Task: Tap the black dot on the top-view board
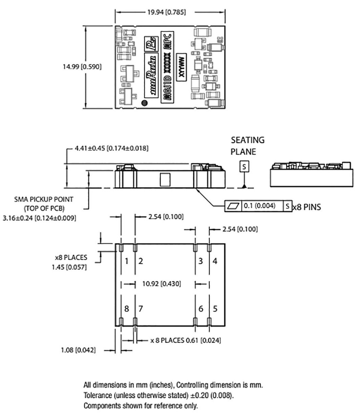click(x=144, y=104)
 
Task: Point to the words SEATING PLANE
click(x=248, y=146)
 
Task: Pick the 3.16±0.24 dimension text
click(x=39, y=218)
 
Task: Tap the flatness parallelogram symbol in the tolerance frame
click(x=233, y=206)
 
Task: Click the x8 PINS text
click(x=306, y=206)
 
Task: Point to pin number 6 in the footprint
click(x=200, y=309)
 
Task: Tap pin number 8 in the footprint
click(x=126, y=309)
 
